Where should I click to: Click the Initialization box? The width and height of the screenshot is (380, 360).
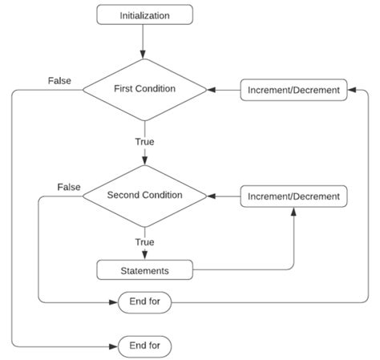144,14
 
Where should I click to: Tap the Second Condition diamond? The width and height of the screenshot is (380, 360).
144,195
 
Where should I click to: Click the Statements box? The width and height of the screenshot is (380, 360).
144,269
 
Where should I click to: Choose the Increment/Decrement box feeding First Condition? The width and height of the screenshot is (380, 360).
294,90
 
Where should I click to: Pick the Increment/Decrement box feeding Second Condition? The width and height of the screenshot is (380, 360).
294,196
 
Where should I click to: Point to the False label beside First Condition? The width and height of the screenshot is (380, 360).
58,81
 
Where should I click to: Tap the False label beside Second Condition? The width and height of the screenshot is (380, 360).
68,187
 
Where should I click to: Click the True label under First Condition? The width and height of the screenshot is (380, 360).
144,142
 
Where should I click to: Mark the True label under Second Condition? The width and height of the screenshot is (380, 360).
144,241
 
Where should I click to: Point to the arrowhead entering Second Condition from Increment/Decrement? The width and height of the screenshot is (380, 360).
211,196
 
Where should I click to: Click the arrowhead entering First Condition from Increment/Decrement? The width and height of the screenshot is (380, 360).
211,90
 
